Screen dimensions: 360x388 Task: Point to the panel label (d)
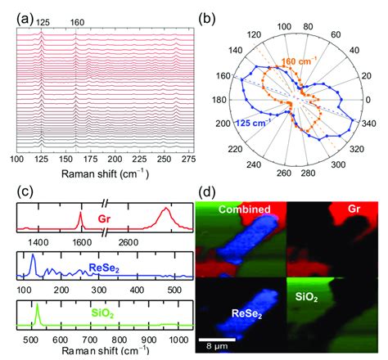[208, 193]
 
